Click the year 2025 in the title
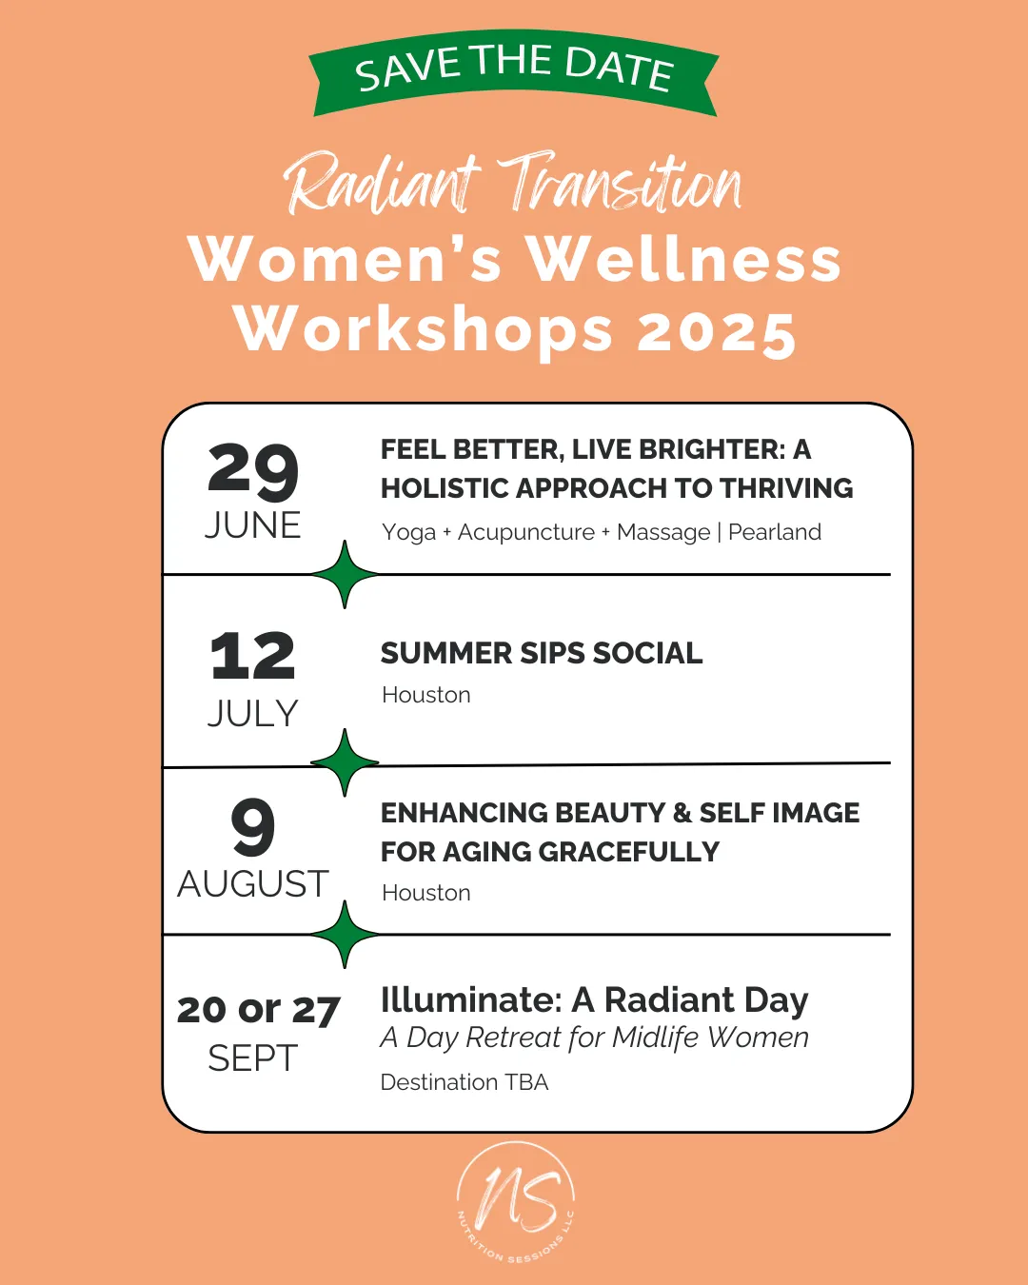pos(716,332)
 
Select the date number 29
pos(252,472)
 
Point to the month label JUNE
pos(252,525)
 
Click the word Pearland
pos(775,531)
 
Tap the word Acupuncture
pos(526,533)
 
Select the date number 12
pos(252,656)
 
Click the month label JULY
pos(252,713)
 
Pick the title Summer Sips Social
pos(542,653)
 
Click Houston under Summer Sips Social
pos(425,695)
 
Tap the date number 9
pos(253,827)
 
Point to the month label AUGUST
pos(252,883)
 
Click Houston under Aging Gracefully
pos(425,893)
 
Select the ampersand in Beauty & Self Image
pos(681,813)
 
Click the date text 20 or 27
pos(258,1010)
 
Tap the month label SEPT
pos(252,1058)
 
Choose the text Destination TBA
pos(465,1082)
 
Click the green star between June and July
pos(345,574)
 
